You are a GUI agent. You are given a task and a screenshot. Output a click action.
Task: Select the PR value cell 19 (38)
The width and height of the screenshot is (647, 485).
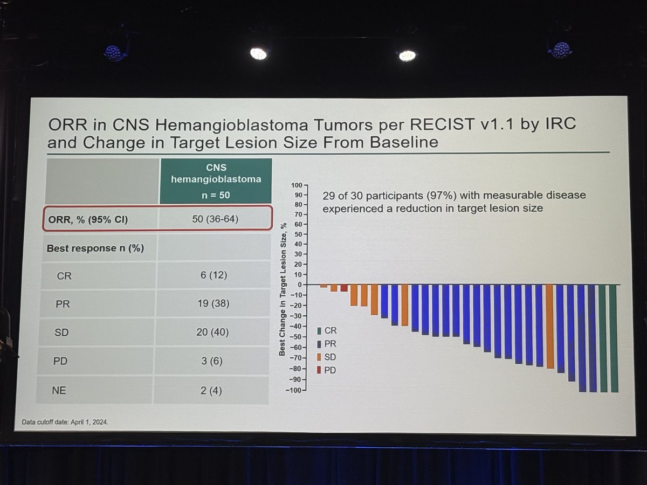coord(213,303)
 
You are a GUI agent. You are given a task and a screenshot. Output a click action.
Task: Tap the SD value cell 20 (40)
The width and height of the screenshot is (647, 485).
coord(212,332)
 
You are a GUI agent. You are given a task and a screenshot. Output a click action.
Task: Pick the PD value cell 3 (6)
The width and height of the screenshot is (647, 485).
coord(212,361)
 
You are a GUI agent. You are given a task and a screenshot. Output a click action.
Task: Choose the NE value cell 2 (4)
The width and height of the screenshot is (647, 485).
coord(211,390)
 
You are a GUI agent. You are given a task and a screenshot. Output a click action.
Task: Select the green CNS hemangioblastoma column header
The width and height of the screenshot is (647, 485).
coord(216,181)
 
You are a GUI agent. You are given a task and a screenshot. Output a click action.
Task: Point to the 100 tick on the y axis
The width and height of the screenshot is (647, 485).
coord(297,185)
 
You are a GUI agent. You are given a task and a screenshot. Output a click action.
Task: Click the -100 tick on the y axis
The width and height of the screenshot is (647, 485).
coord(296,390)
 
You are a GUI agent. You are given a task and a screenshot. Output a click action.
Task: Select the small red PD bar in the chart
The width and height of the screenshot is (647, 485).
coord(344,288)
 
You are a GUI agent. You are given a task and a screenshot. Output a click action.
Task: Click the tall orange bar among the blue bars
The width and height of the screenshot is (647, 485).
coord(550,326)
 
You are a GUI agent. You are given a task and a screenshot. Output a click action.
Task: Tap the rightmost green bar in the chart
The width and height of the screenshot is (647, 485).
coord(614,338)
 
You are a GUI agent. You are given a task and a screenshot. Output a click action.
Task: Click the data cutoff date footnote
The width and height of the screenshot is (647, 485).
coord(65,422)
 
